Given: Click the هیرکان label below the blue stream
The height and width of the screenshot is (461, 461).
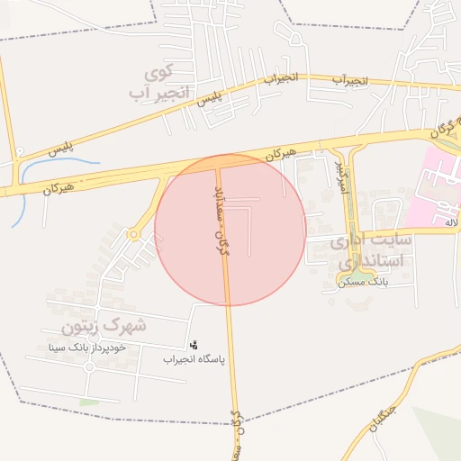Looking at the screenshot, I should tap(59, 187).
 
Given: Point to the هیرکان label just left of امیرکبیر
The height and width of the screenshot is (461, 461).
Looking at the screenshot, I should tap(279, 154).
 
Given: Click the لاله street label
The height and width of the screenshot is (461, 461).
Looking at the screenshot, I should tap(451, 221).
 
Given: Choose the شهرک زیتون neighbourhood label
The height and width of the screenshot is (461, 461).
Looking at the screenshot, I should tap(104, 323).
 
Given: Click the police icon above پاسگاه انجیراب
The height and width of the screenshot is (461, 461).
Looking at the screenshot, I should tap(193, 343).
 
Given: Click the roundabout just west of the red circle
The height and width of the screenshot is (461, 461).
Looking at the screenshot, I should tap(134, 234).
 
